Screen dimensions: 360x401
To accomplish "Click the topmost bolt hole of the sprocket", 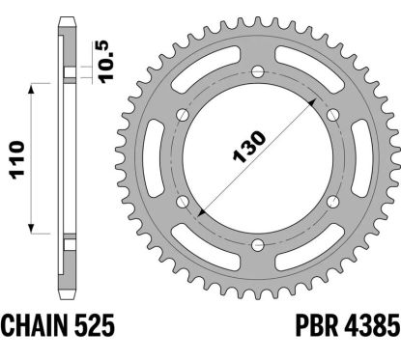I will pyautogui.click(x=256, y=72).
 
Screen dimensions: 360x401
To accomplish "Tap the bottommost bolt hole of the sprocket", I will pyautogui.click(x=256, y=243).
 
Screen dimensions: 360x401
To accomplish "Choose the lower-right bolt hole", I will pyautogui.click(x=330, y=201).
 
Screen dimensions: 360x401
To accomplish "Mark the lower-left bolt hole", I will pyautogui.click(x=182, y=201).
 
